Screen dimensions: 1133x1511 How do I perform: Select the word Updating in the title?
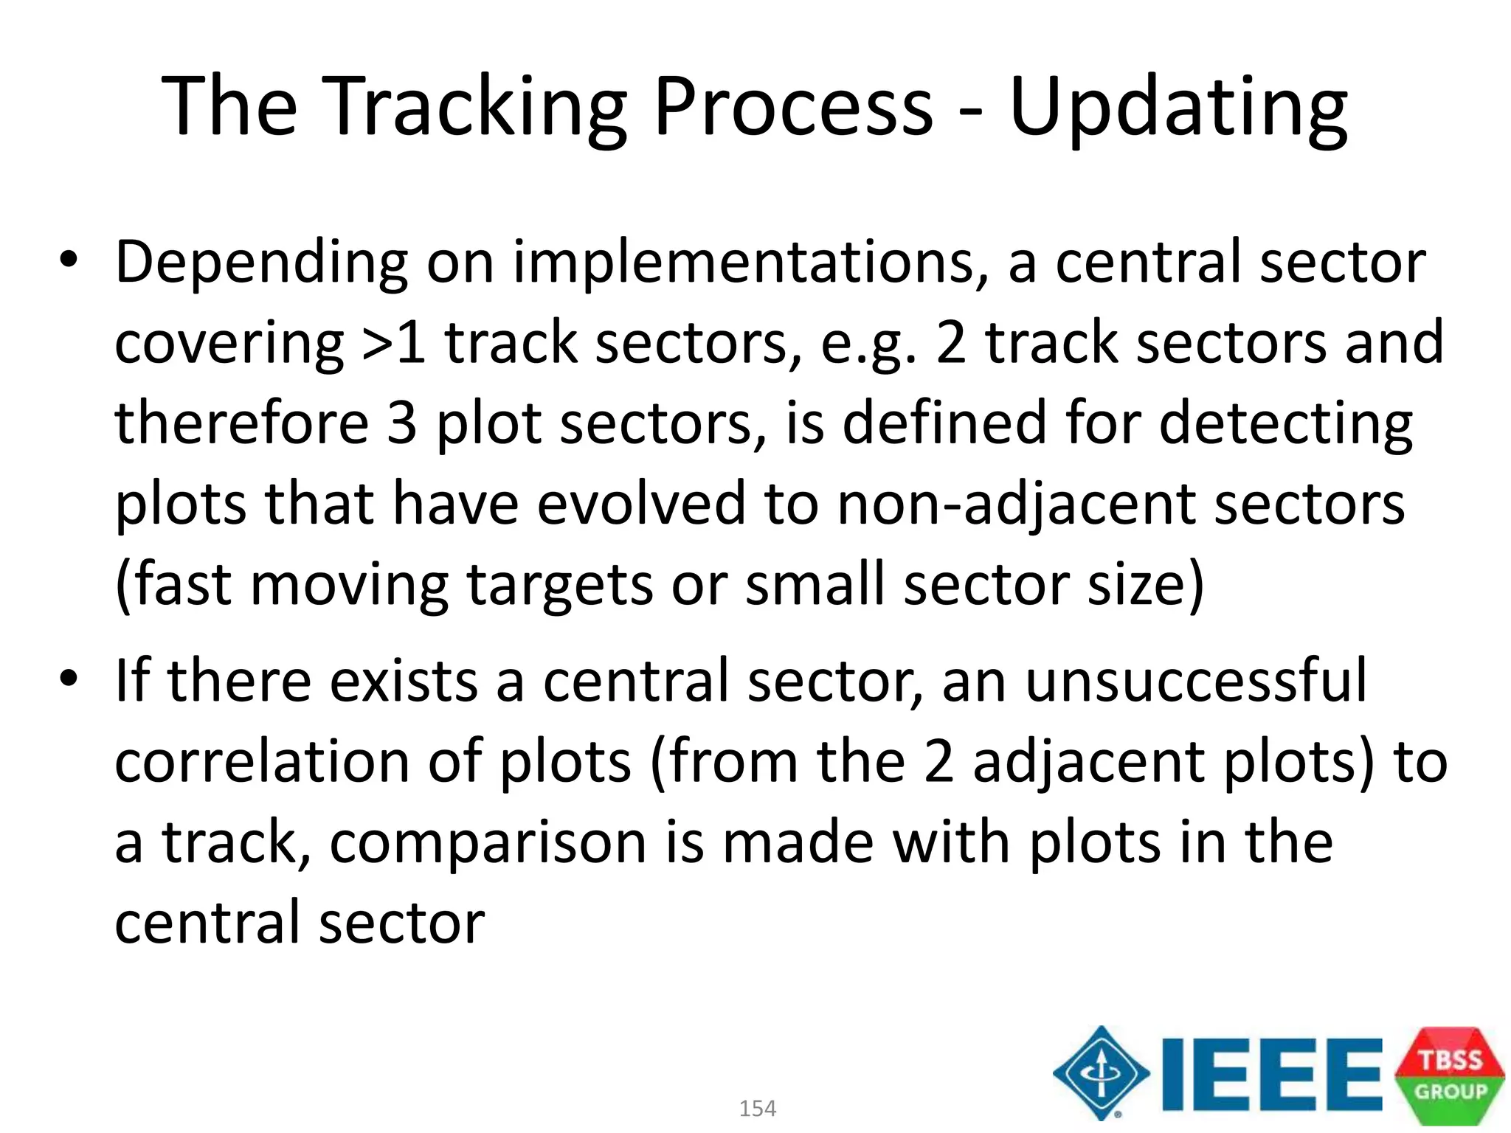coord(1178,107)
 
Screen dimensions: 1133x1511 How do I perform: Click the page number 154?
coord(757,1108)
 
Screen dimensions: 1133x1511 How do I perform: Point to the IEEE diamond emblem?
coord(1101,1073)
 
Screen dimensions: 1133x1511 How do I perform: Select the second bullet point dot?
coord(69,678)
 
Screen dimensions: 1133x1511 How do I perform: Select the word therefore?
coord(241,423)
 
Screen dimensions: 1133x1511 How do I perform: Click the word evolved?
coord(640,505)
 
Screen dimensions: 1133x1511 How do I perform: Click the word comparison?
coord(488,843)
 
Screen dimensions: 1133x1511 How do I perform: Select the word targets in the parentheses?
coord(560,585)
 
